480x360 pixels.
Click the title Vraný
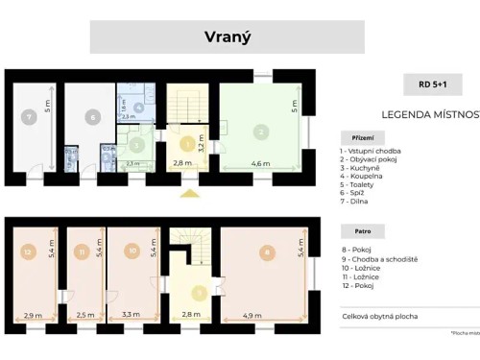tap(227, 37)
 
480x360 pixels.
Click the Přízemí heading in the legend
tap(356, 135)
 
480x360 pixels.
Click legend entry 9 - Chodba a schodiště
tap(379, 258)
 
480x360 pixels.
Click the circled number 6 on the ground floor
tap(93, 117)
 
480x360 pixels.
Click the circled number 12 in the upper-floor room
tap(28, 252)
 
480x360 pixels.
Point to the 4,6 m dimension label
tap(261, 164)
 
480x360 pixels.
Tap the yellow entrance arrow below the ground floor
tap(190, 193)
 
